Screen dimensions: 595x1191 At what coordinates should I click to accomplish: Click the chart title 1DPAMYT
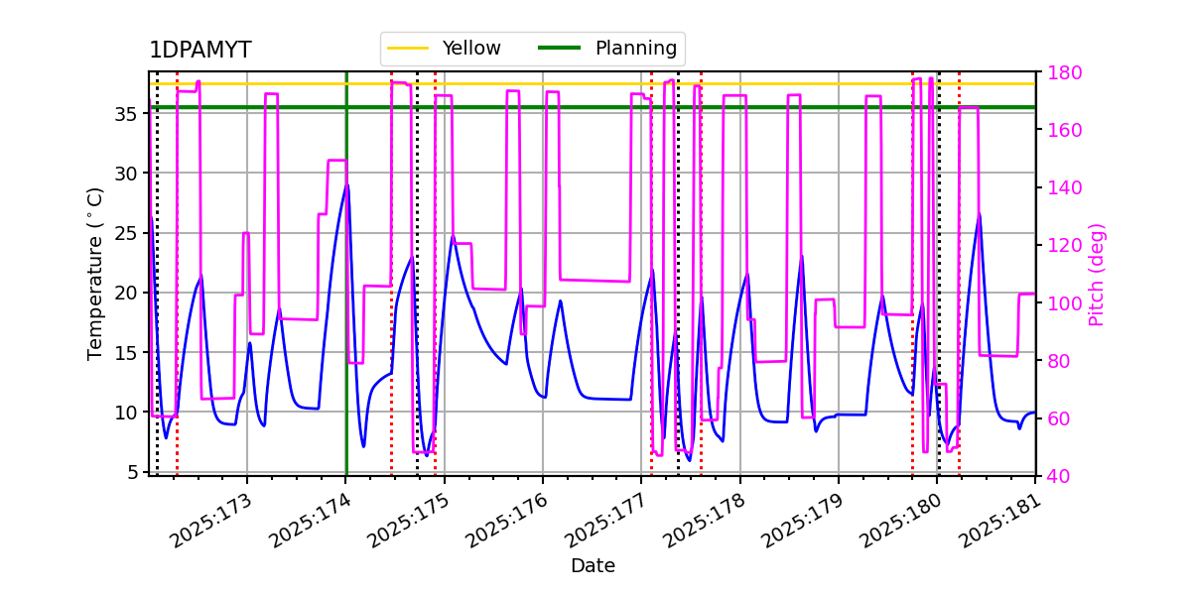pyautogui.click(x=199, y=51)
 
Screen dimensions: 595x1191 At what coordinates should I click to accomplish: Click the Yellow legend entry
pyautogui.click(x=470, y=49)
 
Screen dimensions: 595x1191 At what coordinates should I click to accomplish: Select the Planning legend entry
pyautogui.click(x=635, y=49)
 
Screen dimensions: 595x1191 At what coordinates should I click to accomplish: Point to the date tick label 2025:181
pyautogui.click(x=997, y=522)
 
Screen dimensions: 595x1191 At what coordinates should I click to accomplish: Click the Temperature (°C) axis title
pyautogui.click(x=95, y=273)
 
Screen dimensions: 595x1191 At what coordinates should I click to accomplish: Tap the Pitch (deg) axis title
pyautogui.click(x=1097, y=274)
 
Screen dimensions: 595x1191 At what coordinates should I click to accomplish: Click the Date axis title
pyautogui.click(x=593, y=566)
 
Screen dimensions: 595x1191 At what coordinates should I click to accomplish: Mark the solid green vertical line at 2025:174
pyautogui.click(x=346, y=297)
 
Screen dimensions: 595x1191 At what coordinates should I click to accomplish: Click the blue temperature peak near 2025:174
pyautogui.click(x=346, y=185)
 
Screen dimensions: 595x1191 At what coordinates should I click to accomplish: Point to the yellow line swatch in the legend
pyautogui.click(x=408, y=49)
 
